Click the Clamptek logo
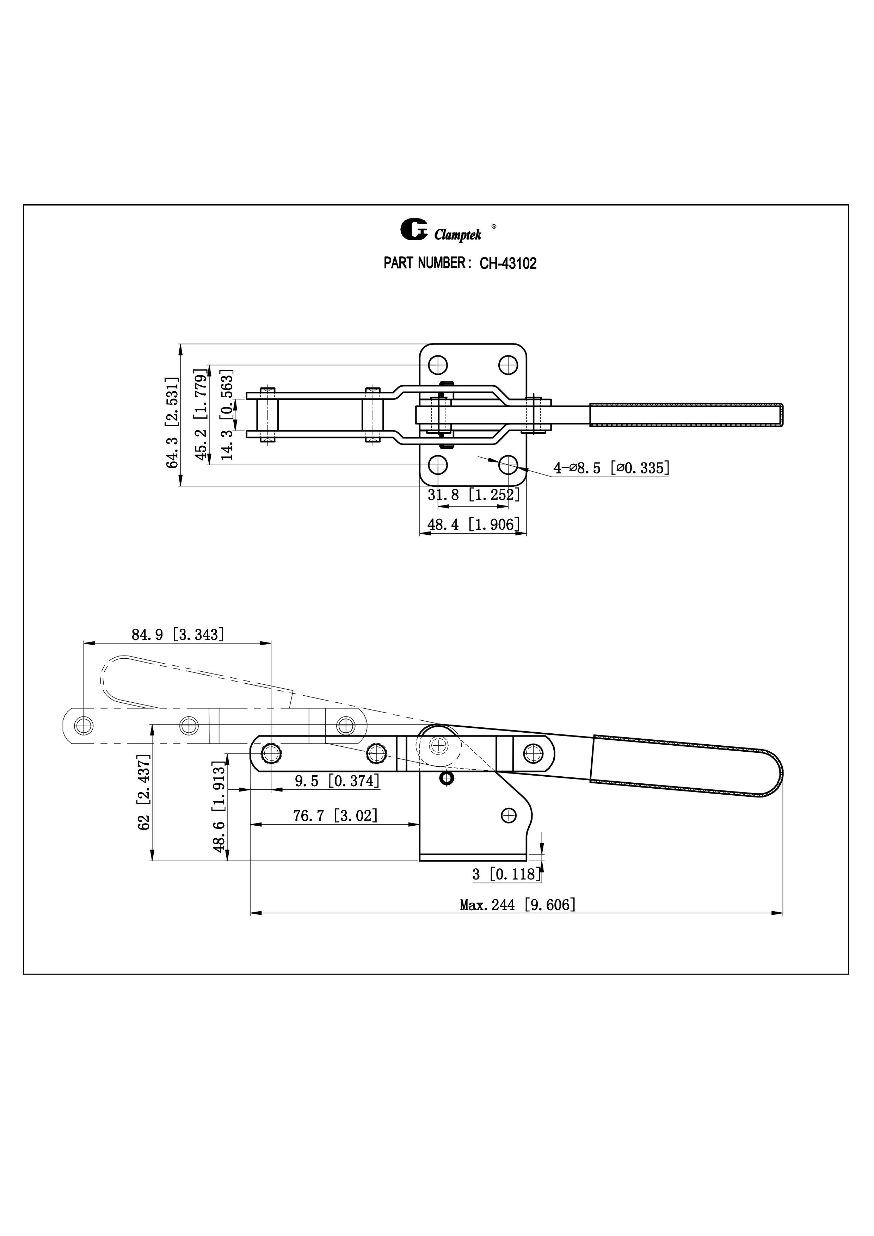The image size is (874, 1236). [x=441, y=231]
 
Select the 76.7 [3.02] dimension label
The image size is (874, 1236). [x=335, y=815]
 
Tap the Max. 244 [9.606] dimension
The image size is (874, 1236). [x=517, y=905]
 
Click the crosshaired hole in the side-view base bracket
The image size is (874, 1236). [x=508, y=815]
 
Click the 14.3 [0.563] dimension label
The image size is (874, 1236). [x=227, y=415]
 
